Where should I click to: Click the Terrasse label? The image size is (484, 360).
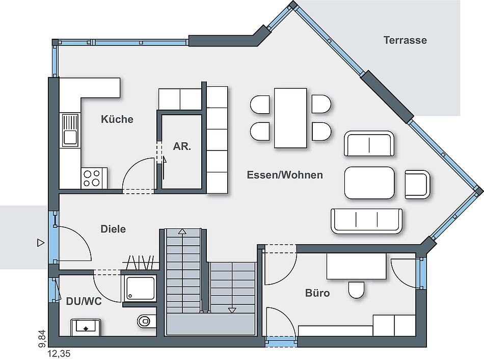click(x=405, y=40)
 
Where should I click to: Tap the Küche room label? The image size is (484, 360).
click(x=117, y=119)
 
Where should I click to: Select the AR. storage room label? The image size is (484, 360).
click(x=182, y=146)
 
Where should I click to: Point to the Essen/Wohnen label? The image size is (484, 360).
click(x=285, y=175)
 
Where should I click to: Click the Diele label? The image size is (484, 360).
click(x=113, y=229)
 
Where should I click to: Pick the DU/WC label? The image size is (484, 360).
click(x=84, y=301)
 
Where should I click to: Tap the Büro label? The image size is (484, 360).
click(x=317, y=293)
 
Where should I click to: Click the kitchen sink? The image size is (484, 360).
click(x=70, y=130)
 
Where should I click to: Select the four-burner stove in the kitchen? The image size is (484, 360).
click(x=92, y=178)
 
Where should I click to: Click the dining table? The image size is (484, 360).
click(x=290, y=118)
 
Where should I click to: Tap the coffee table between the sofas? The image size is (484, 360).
click(x=369, y=183)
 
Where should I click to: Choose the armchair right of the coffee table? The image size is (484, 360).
click(x=417, y=184)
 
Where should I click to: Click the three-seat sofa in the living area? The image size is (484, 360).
click(x=366, y=221)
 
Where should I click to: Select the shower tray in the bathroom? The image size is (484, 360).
click(x=140, y=288)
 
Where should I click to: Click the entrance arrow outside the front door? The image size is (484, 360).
click(x=41, y=243)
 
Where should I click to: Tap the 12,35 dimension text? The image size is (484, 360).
click(x=59, y=353)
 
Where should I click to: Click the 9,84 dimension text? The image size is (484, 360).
click(x=42, y=339)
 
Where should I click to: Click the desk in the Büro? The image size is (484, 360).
click(x=356, y=266)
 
